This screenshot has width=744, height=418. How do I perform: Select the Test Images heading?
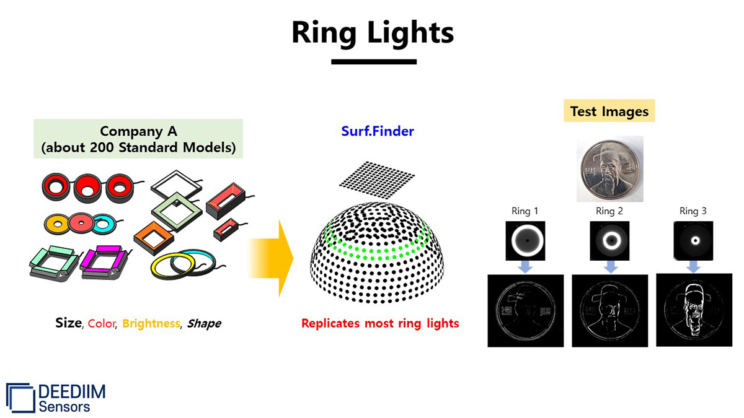609,111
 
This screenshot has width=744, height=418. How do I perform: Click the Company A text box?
138,139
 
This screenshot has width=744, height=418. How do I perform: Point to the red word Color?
101,323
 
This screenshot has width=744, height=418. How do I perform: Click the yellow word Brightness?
151,323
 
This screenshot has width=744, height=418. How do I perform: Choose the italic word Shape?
204,323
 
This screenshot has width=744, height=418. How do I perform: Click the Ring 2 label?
609,211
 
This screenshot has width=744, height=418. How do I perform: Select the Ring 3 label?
693,211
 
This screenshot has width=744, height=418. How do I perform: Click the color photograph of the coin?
609,169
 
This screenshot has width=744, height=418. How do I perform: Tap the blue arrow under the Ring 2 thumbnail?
610,266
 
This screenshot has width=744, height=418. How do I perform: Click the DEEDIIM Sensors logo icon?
20,397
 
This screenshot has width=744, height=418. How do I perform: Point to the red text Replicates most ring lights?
380,323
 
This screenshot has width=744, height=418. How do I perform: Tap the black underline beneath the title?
373,61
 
